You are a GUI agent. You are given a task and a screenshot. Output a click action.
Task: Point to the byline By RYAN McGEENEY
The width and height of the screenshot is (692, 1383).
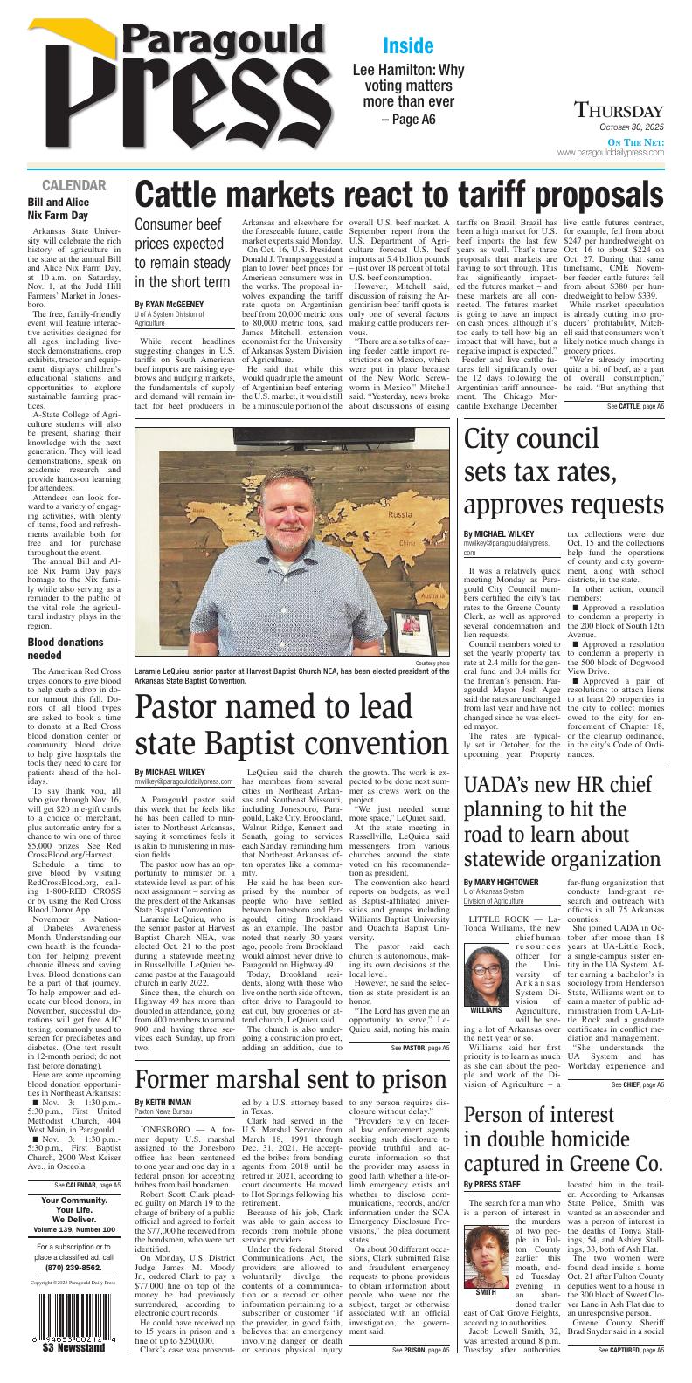coord(169,305)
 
